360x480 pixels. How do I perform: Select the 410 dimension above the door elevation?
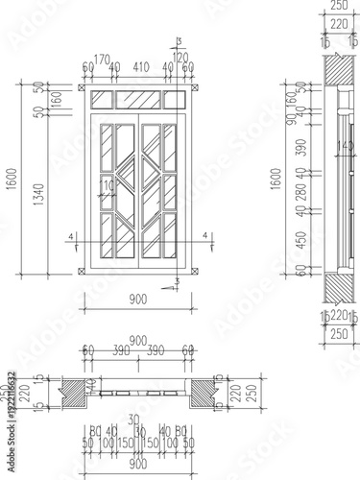pyautogui.click(x=141, y=68)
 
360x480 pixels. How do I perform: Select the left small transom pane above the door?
pyautogui.click(x=101, y=99)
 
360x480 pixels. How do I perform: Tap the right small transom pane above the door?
pyautogui.click(x=174, y=99)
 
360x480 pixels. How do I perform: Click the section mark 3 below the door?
pyautogui.click(x=176, y=282)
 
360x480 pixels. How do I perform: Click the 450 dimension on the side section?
pyautogui.click(x=299, y=240)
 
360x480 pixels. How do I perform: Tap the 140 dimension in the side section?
pyautogui.click(x=342, y=146)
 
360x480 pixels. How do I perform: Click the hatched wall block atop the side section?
pyautogui.click(x=335, y=71)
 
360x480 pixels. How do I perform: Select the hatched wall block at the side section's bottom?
pyautogui.click(x=335, y=288)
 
